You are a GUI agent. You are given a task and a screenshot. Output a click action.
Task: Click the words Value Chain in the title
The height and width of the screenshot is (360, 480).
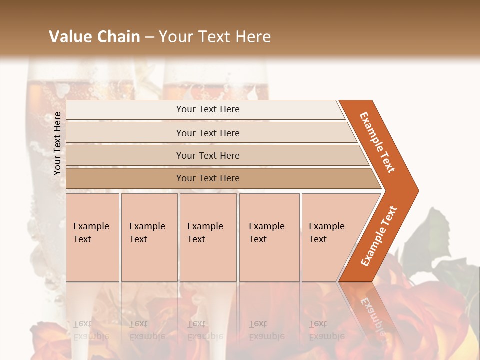(94, 37)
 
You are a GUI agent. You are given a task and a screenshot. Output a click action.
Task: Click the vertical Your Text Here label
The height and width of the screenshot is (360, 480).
(58, 143)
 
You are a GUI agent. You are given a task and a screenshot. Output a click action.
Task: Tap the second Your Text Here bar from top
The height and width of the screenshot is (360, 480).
(208, 133)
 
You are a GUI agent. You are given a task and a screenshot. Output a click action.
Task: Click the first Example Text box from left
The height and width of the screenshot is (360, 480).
(92, 237)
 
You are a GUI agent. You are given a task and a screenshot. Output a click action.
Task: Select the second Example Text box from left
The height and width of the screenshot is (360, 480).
(149, 237)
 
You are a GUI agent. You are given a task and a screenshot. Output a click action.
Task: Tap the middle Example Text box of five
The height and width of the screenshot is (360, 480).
(208, 237)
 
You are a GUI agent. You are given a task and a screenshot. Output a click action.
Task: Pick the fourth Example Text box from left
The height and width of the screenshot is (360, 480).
(269, 237)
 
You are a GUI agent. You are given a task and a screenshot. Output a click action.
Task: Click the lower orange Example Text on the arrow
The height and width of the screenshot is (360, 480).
(379, 236)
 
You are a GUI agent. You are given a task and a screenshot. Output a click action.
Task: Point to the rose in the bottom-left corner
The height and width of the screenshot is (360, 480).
(47, 340)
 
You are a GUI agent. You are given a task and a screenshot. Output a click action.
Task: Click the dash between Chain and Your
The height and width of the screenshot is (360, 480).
(149, 37)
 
